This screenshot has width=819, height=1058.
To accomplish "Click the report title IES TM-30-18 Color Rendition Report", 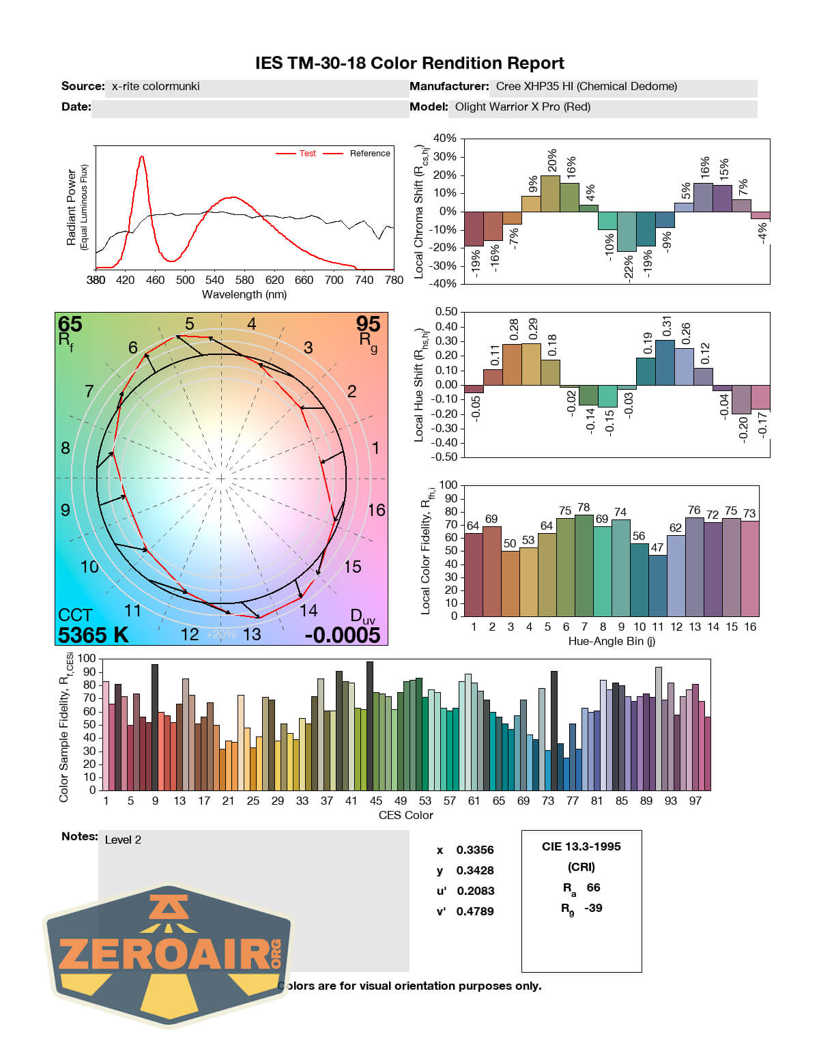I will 409,63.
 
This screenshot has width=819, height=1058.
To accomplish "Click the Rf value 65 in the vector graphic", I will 70,324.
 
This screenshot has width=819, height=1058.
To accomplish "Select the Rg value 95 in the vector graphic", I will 368,324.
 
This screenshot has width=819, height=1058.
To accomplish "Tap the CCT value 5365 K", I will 93,635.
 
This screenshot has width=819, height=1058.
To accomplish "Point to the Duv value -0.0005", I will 342,635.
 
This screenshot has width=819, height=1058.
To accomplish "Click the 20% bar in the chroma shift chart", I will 550,193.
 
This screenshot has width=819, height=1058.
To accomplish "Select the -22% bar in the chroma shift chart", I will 627,231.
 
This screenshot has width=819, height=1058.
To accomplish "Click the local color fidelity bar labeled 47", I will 657,586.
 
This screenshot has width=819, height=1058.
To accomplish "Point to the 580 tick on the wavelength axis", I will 244,280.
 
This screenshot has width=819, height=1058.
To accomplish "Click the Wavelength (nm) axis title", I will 244,295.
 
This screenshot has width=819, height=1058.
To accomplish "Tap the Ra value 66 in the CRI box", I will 593,887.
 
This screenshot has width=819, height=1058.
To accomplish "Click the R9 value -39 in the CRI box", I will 593,908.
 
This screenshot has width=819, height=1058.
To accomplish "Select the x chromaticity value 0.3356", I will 475,850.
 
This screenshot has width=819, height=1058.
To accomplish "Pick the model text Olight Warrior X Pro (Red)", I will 523,107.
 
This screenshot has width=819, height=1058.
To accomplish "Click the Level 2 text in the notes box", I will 123,840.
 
